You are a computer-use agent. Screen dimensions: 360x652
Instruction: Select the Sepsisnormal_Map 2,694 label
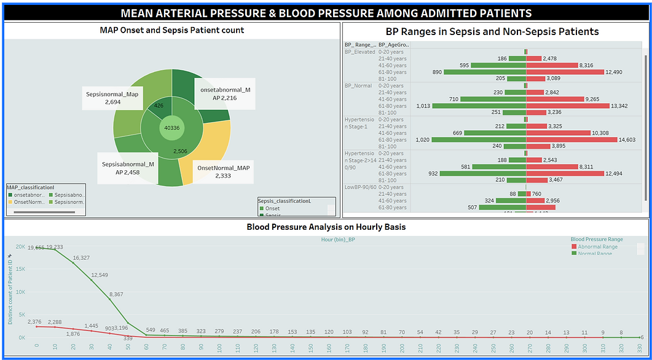112,98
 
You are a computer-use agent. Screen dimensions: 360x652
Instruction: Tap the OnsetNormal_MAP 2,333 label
223,171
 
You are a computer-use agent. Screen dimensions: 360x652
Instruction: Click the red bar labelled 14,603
571,139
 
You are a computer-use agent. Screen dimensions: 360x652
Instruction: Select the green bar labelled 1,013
479,106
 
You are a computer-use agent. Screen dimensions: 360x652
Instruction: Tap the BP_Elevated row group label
359,52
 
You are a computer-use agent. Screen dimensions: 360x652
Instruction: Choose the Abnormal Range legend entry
597,246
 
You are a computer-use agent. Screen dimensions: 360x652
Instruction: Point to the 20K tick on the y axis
20,247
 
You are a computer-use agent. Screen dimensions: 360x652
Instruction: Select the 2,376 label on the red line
34,321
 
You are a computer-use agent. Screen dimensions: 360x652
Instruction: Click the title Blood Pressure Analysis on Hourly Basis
326,227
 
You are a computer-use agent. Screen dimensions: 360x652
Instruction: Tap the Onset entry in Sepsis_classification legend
272,208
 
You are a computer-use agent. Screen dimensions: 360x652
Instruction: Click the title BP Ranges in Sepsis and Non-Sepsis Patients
492,31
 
